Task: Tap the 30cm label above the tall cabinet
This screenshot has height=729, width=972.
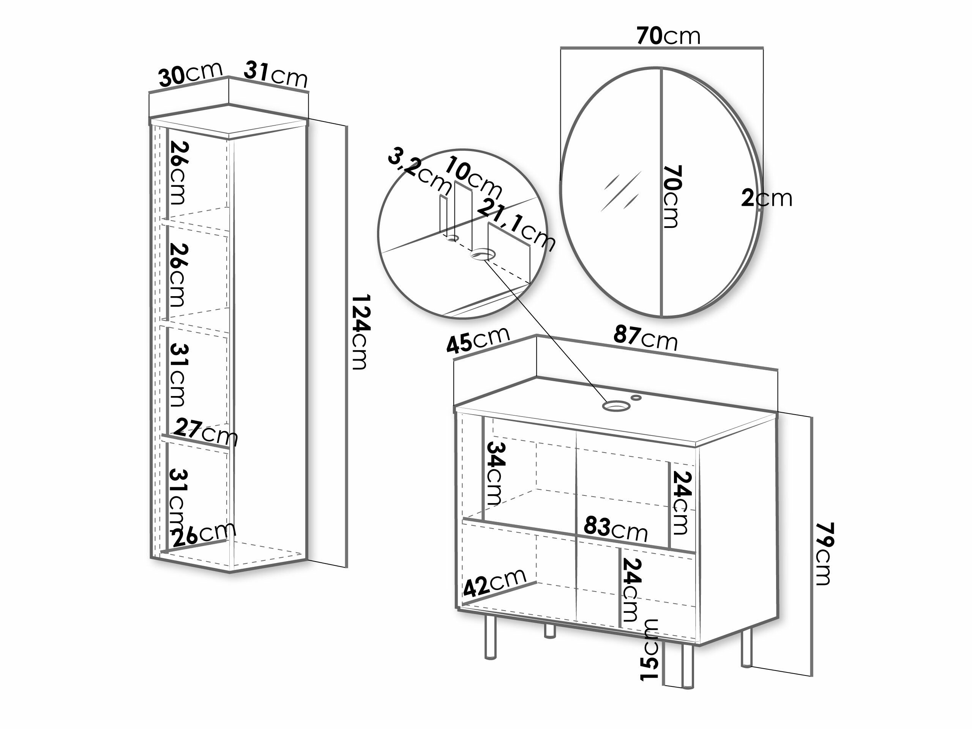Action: tap(191, 75)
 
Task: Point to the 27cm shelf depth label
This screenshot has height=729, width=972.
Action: tap(207, 432)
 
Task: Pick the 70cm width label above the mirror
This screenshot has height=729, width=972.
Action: tap(668, 36)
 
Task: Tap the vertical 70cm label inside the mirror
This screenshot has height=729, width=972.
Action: tap(672, 196)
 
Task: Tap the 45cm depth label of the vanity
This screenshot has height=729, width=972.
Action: tap(478, 339)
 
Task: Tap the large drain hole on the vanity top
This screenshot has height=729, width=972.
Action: tap(615, 406)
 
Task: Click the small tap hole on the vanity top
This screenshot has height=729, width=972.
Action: tap(636, 398)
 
